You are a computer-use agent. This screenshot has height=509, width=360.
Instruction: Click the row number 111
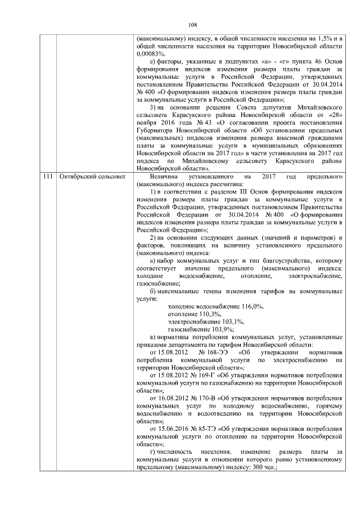(x=47, y=177)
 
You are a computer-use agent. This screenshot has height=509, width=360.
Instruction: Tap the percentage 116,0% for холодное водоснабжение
(x=253, y=306)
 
